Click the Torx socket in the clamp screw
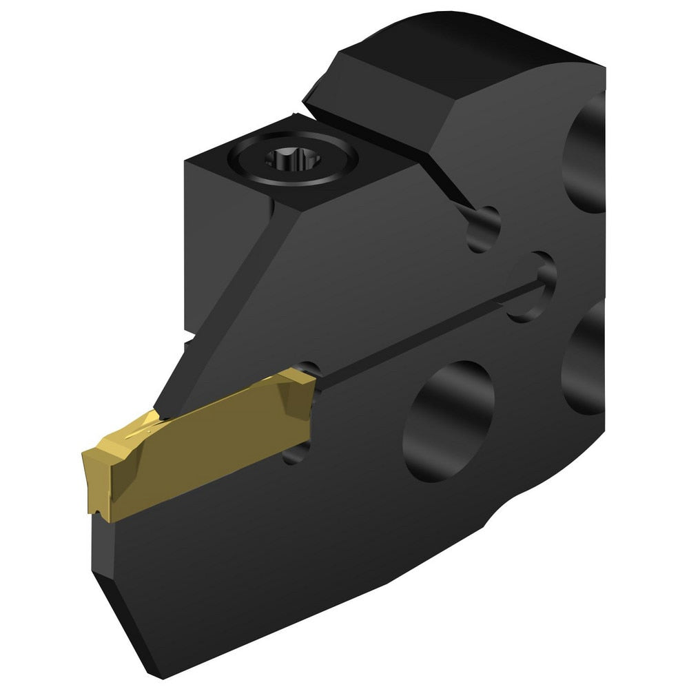pos(284,161)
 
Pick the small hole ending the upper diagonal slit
pos(483,228)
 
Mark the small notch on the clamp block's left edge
pos(187,340)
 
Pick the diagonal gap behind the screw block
pos(386,148)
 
